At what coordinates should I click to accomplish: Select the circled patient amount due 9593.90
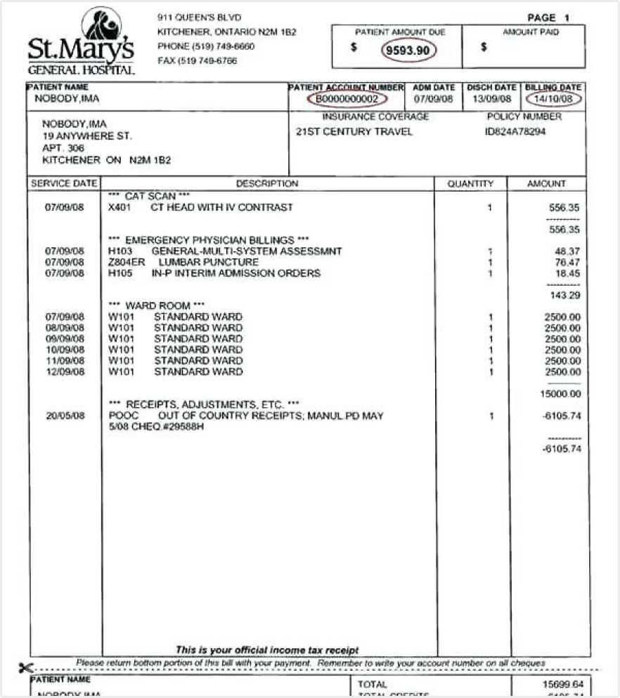409,51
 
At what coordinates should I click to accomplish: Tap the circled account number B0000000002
346,98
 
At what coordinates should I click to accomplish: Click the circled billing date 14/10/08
554,98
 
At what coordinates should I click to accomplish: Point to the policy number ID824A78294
515,131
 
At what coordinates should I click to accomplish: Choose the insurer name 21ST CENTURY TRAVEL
354,131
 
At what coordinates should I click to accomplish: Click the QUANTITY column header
471,184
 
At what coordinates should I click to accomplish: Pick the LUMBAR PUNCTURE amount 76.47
568,262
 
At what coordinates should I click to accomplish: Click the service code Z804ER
122,262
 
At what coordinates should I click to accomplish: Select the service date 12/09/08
65,371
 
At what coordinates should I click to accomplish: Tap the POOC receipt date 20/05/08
65,416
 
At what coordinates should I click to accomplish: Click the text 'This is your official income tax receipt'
267,650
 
